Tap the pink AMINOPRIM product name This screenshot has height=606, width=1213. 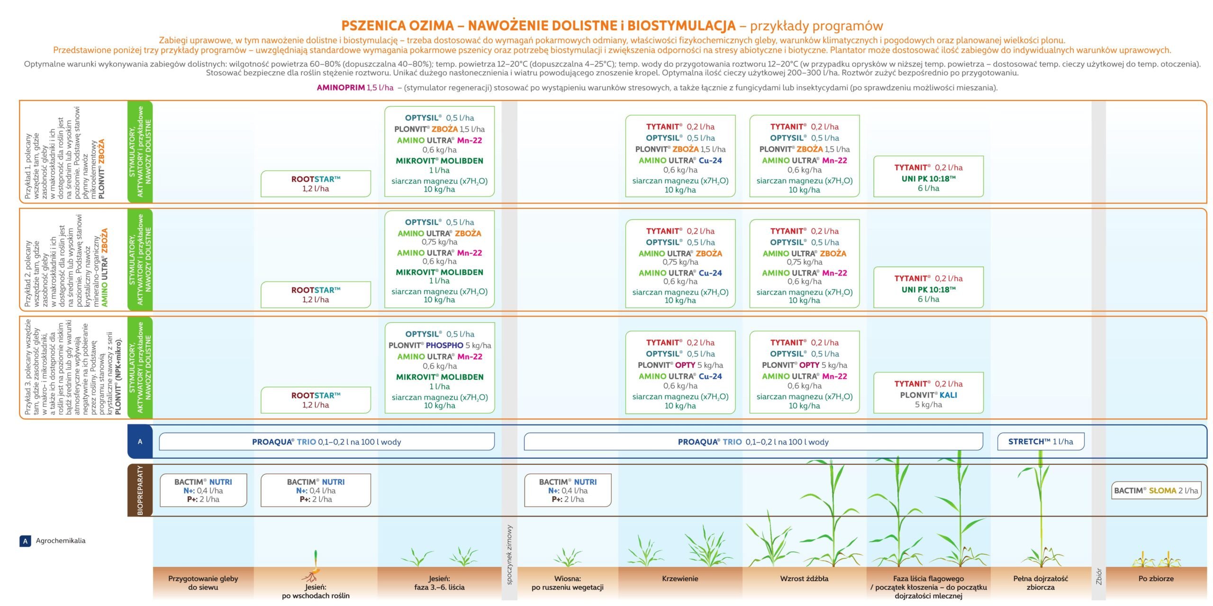tap(341, 88)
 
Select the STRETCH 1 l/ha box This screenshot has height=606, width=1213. tap(1041, 442)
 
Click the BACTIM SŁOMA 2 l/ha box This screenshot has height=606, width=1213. tap(1156, 490)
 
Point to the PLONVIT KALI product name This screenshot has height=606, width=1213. tap(928, 395)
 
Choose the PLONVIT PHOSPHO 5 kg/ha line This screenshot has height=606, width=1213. tap(440, 346)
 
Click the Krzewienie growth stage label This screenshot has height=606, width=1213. tap(680, 579)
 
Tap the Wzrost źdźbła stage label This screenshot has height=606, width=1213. tap(804, 579)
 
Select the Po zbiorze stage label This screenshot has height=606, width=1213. tap(1156, 579)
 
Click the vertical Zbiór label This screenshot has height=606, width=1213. tap(1099, 577)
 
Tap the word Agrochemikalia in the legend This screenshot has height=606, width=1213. tap(61, 541)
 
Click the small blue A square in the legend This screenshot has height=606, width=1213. tap(25, 541)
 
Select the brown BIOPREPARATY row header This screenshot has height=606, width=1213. tap(140, 490)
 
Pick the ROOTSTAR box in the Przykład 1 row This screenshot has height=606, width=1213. tap(316, 184)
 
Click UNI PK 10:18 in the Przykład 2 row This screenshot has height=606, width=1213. tap(928, 289)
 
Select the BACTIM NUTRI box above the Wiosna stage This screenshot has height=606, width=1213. tap(568, 490)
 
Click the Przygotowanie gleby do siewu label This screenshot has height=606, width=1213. tap(203, 583)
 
